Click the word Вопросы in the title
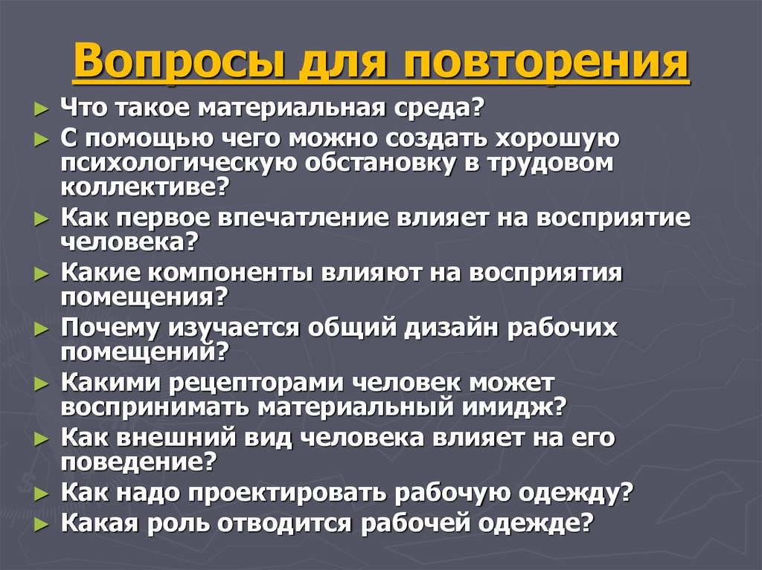179,65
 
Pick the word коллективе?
144,187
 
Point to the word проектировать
294,493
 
